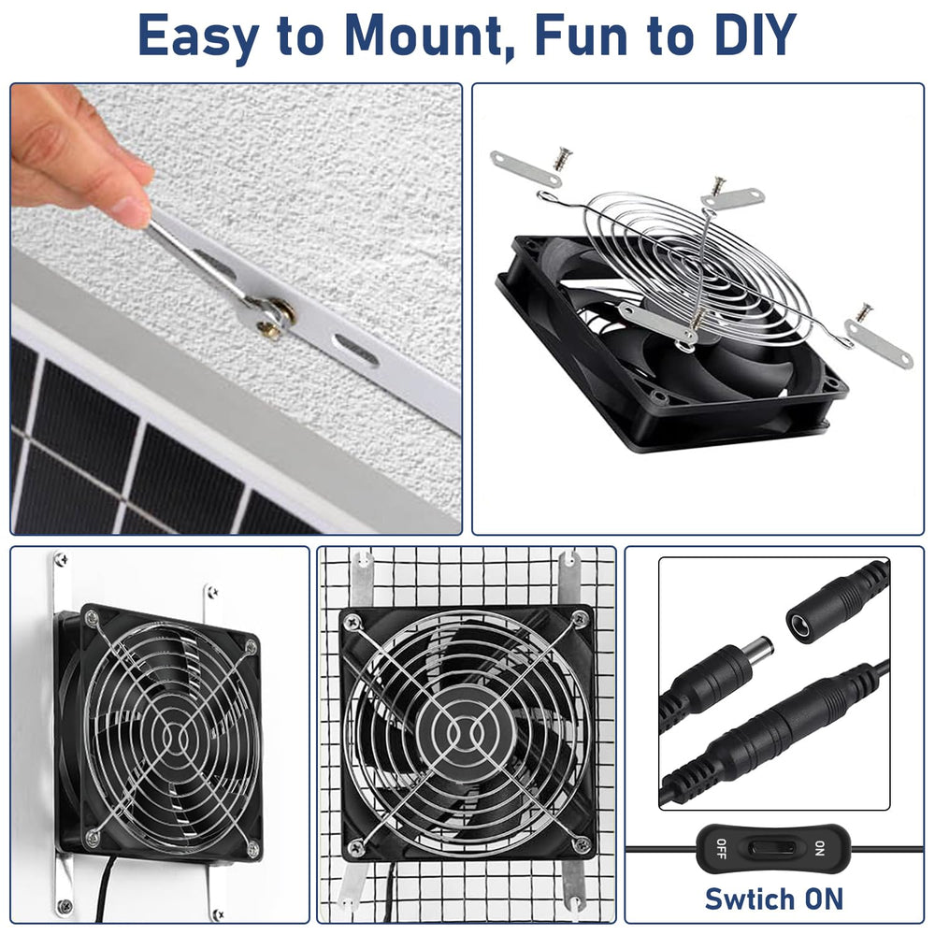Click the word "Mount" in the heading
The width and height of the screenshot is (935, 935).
pyautogui.click(x=424, y=36)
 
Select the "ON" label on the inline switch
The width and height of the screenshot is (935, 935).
pyautogui.click(x=820, y=848)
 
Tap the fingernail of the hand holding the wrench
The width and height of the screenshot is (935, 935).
pyautogui.click(x=131, y=210)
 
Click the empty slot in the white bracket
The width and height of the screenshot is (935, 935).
pyautogui.click(x=356, y=350)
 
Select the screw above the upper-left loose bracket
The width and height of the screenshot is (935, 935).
pyautogui.click(x=562, y=158)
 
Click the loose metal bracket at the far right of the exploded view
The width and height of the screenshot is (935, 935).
pyautogui.click(x=878, y=344)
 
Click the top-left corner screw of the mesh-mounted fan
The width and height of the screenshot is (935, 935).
pyautogui.click(x=353, y=620)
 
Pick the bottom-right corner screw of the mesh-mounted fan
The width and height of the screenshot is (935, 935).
pyautogui.click(x=581, y=843)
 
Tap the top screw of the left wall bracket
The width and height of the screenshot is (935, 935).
pyautogui.click(x=61, y=559)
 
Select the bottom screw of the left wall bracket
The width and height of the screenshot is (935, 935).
pyautogui.click(x=62, y=907)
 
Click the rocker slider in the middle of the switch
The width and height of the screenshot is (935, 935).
pyautogui.click(x=770, y=848)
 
